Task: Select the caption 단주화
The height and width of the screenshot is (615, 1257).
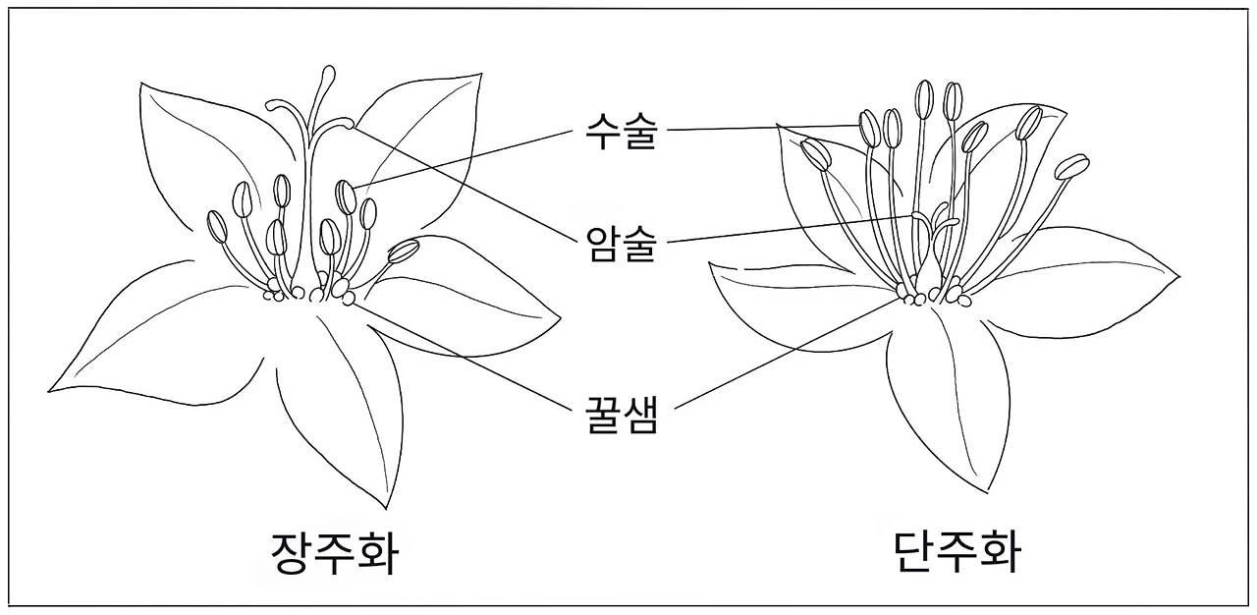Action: pos(957,552)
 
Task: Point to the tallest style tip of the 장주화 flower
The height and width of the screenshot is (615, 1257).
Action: pos(328,74)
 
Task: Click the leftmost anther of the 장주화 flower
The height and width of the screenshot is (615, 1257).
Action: pos(217,227)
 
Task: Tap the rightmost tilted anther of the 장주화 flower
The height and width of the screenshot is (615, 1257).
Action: pos(403,251)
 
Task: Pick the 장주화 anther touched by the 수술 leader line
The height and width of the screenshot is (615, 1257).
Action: pos(346,196)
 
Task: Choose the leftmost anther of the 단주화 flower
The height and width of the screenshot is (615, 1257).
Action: pos(815,153)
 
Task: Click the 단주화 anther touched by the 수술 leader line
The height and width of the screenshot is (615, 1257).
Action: pos(869,127)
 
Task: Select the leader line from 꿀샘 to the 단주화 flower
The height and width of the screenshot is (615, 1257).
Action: pos(786,353)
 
